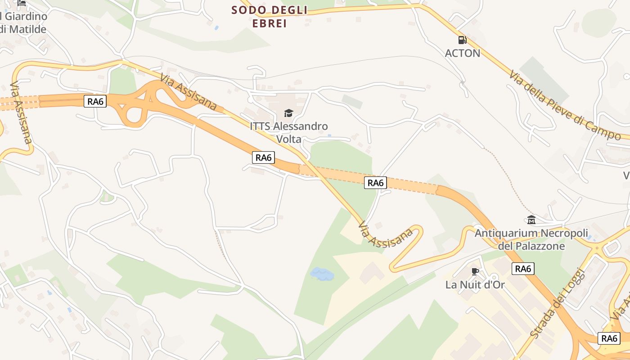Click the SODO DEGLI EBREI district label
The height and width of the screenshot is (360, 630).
[269, 17]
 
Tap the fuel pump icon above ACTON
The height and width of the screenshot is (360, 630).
[462, 40]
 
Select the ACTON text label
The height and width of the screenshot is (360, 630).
[462, 53]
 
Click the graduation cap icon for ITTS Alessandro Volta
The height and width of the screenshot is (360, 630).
[288, 113]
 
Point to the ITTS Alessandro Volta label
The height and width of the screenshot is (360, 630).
[288, 132]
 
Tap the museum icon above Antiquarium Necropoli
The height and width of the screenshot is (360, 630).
[531, 220]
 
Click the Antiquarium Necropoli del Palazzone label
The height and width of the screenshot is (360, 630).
[531, 239]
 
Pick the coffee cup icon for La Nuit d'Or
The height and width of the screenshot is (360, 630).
[475, 271]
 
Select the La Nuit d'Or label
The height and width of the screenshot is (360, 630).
[475, 285]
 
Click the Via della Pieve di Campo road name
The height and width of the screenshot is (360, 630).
[564, 105]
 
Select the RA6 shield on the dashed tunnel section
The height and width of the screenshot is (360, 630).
[375, 183]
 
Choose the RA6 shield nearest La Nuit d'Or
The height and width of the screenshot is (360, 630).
[523, 269]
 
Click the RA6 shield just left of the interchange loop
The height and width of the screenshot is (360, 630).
[95, 101]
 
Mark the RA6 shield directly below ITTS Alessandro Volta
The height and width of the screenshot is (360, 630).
[263, 157]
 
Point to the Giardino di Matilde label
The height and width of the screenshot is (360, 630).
[23, 23]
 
